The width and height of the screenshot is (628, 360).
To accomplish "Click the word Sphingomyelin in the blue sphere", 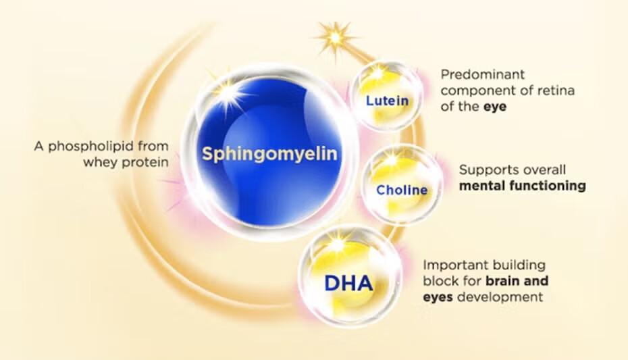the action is (269, 154).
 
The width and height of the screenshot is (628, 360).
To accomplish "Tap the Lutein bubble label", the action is (388, 101).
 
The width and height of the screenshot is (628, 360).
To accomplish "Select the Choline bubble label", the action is (402, 190).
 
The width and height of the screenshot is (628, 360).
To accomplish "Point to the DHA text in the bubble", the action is (348, 283).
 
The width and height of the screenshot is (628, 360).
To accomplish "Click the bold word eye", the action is (494, 107).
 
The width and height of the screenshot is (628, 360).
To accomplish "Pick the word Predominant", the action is (482, 74).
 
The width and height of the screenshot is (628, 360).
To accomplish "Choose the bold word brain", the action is (502, 281).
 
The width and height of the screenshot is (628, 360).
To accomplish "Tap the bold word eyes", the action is (438, 298).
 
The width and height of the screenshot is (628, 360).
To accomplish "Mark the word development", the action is (500, 298).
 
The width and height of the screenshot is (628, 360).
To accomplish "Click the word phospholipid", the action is (90, 147).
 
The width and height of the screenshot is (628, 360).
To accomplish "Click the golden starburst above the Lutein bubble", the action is (336, 38).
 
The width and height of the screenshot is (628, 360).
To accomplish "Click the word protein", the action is (145, 163).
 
